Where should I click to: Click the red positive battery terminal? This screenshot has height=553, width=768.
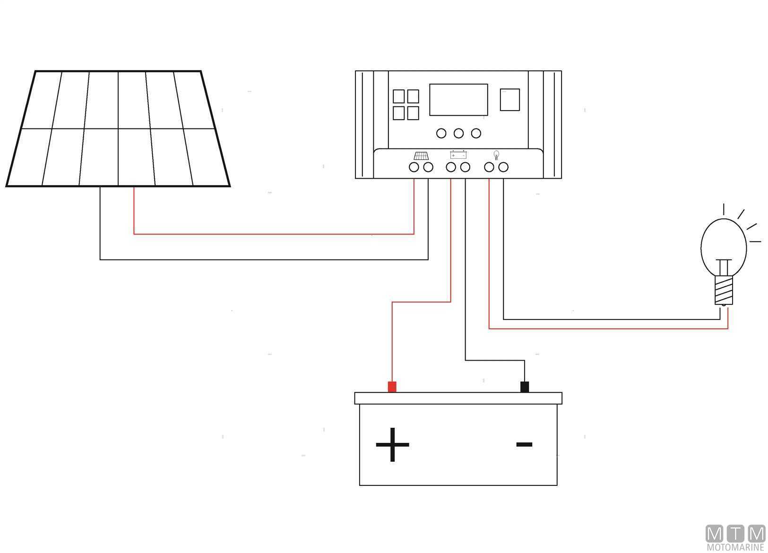pyautogui.click(x=392, y=387)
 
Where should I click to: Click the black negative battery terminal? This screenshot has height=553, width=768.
pyautogui.click(x=524, y=387)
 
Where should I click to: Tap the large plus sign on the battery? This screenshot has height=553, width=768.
pyautogui.click(x=392, y=444)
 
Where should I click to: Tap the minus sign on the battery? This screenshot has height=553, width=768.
pyautogui.click(x=524, y=444)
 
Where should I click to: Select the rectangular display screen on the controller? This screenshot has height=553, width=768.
pyautogui.click(x=458, y=99)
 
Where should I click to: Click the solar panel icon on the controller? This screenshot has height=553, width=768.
pyautogui.click(x=421, y=156)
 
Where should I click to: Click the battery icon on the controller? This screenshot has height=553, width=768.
pyautogui.click(x=458, y=155)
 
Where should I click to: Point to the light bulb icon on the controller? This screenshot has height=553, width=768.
pyautogui.click(x=496, y=155)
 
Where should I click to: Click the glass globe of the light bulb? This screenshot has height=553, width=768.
pyautogui.click(x=723, y=243)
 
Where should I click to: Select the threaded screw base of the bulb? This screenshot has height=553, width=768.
pyautogui.click(x=724, y=290)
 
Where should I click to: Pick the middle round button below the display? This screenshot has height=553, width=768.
pyautogui.click(x=458, y=133)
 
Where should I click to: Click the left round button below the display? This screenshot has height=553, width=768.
pyautogui.click(x=441, y=133)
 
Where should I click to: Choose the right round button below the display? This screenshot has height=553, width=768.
pyautogui.click(x=476, y=133)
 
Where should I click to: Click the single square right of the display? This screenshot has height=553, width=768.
pyautogui.click(x=509, y=99)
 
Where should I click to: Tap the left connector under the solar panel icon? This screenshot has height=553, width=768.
pyautogui.click(x=414, y=167)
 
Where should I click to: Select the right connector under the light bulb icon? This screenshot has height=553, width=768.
pyautogui.click(x=503, y=167)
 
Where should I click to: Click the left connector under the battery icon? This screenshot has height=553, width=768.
pyautogui.click(x=451, y=167)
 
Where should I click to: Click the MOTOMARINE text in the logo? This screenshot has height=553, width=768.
pyautogui.click(x=735, y=547)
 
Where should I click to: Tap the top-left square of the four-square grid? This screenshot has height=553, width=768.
pyautogui.click(x=399, y=96)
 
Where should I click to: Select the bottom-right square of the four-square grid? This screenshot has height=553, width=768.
pyautogui.click(x=413, y=113)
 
